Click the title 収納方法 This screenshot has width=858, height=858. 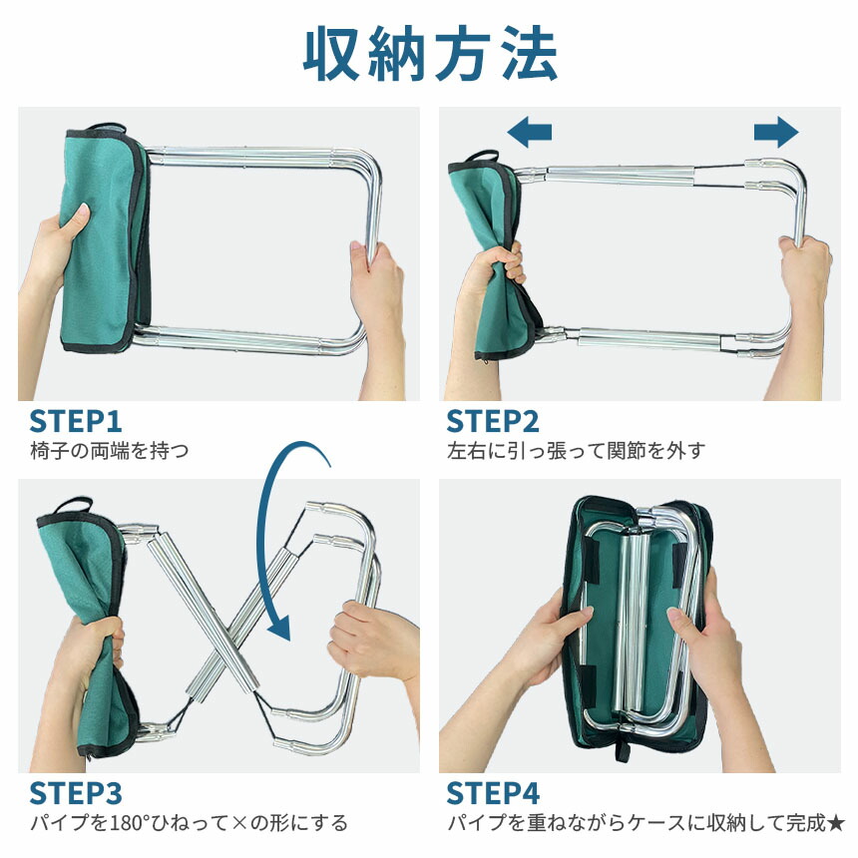click(430, 54)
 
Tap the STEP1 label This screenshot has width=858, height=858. click(76, 421)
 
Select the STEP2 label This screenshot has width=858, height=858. click(493, 421)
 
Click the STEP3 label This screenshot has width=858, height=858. click(76, 793)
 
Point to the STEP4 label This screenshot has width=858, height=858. click(493, 793)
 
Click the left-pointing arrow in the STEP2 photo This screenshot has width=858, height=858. click(529, 132)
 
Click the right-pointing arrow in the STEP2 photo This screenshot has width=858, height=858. click(776, 132)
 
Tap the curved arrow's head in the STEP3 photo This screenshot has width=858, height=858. click(280, 628)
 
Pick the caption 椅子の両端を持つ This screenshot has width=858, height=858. click(110, 451)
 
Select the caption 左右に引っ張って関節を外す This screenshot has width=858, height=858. click(576, 451)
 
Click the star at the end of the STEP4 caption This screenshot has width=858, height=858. click(836, 823)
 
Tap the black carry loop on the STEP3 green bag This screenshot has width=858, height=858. click(71, 505)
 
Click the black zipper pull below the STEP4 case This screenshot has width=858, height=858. click(623, 750)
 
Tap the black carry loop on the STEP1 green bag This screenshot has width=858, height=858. click(106, 128)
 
